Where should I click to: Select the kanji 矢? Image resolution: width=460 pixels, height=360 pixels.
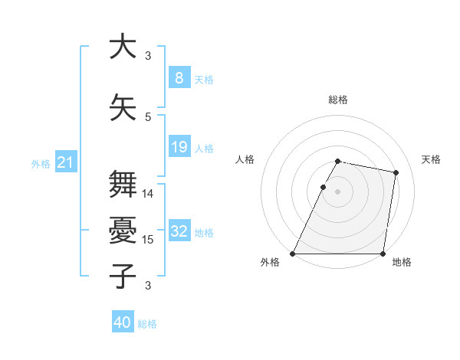tap(123, 107)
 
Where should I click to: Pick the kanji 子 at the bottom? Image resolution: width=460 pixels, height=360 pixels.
tap(123, 276)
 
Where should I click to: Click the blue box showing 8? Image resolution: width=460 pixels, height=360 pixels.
tap(179, 78)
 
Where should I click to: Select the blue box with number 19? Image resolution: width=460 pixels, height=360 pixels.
tap(179, 147)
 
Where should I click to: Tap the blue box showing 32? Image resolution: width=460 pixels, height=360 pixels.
tap(179, 231)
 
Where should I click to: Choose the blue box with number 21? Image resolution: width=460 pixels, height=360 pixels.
tap(65, 162)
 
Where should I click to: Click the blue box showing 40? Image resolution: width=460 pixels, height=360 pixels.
tap(123, 322)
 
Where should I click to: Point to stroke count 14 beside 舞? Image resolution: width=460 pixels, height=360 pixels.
tap(148, 194)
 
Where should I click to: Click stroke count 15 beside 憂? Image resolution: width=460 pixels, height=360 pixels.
tap(148, 240)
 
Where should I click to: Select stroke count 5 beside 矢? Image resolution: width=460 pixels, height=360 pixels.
tap(148, 116)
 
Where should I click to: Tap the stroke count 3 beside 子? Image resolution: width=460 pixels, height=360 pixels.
tap(148, 286)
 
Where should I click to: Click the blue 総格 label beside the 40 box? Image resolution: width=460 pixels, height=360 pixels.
tap(147, 324)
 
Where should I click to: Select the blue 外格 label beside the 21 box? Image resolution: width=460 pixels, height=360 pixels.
tap(41, 164)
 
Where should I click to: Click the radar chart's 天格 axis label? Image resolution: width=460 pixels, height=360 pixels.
tap(432, 159)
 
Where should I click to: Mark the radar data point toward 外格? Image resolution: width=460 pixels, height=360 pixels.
tap(293, 254)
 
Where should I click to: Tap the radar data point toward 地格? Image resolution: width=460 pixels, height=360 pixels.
tap(383, 254)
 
